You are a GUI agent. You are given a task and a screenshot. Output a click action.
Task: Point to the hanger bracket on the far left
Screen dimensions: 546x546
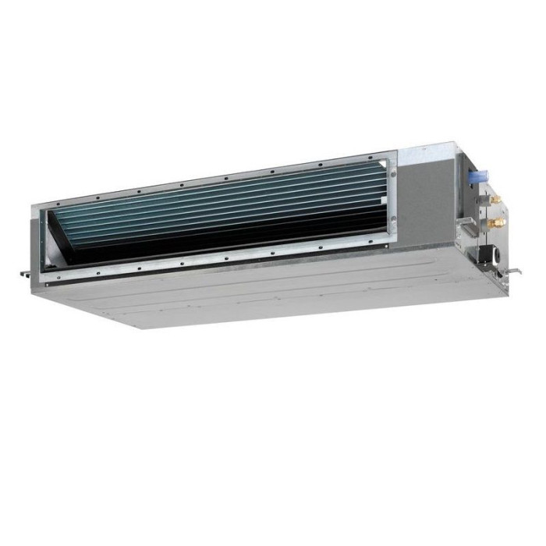point(27,272)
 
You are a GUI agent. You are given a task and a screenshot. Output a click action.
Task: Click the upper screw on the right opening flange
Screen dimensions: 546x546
point(393,174)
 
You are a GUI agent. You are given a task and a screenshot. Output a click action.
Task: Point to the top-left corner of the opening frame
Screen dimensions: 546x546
point(35,206)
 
